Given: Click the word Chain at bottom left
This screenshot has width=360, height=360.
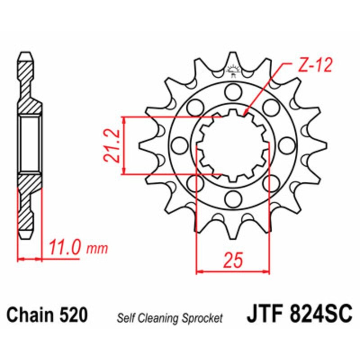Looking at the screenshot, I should pyautogui.click(x=30, y=315).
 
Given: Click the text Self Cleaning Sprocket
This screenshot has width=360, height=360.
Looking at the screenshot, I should pyautogui.click(x=170, y=319).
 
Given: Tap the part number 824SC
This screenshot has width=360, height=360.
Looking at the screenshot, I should pyautogui.click(x=322, y=314).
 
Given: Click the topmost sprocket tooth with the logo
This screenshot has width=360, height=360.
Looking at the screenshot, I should pyautogui.click(x=233, y=65).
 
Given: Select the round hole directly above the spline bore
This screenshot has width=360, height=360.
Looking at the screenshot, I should pyautogui.click(x=233, y=93).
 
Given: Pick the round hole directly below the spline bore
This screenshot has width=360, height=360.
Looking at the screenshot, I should pyautogui.click(x=233, y=197).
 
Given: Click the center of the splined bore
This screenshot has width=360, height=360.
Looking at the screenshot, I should pyautogui.click(x=233, y=145).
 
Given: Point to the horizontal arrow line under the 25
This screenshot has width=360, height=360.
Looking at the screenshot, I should pyautogui.click(x=233, y=271).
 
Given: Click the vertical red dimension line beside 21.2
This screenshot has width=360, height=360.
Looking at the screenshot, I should pyautogui.click(x=123, y=145).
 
